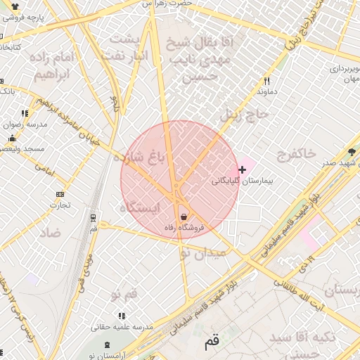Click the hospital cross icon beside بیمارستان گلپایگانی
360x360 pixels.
(243, 169)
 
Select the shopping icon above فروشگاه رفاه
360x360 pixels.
(184, 217)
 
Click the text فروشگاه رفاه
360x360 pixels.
(184, 228)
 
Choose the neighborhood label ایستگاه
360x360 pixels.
(141, 208)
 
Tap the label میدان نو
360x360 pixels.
(204, 253)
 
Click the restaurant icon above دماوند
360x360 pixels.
(266, 81)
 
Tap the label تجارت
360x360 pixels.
(59, 205)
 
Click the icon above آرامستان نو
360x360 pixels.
(106, 345)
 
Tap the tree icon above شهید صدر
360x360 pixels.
(352, 152)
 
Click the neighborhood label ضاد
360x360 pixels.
(49, 232)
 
